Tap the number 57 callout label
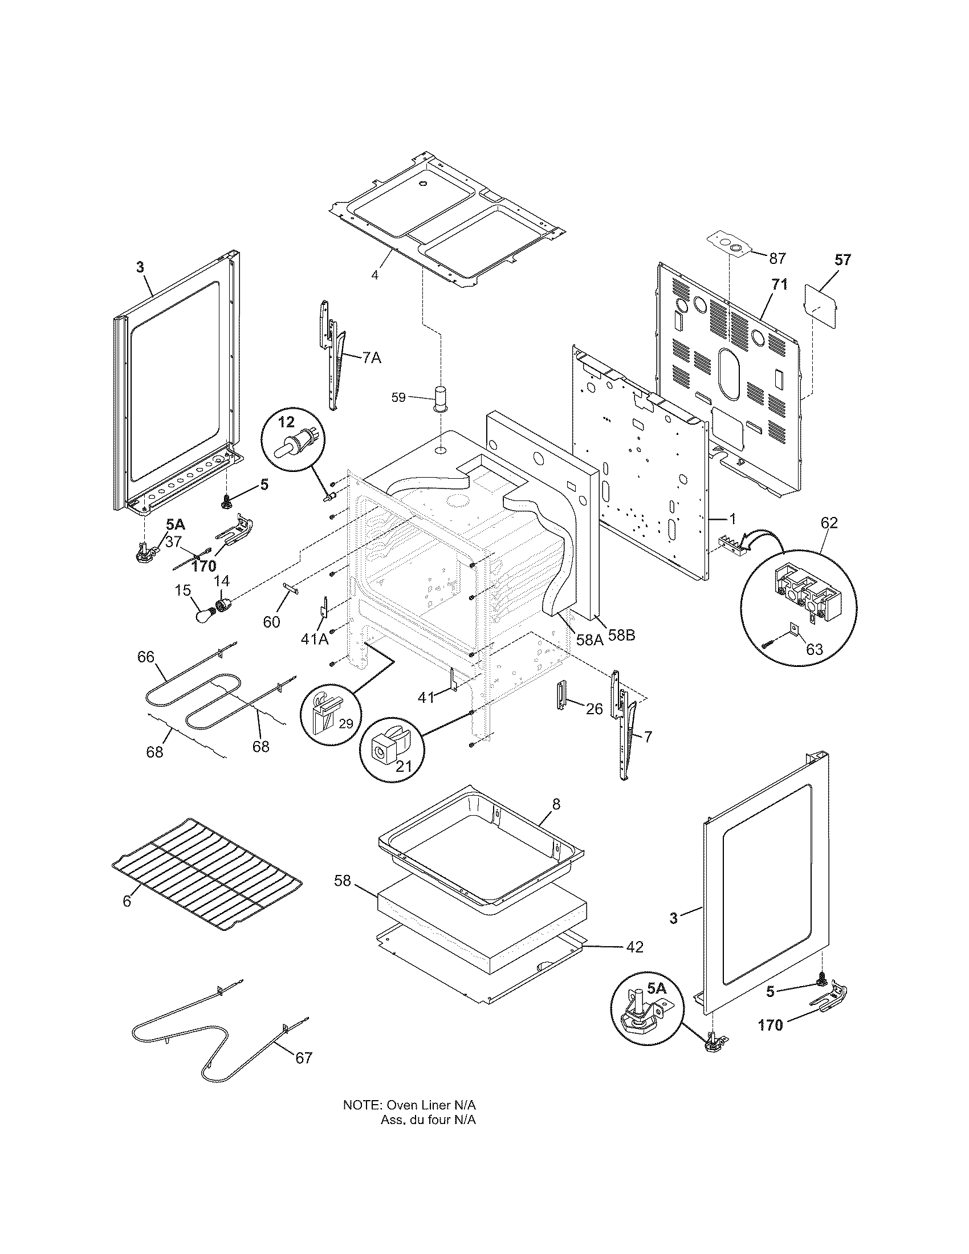(x=842, y=259)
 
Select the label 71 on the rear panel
(x=779, y=284)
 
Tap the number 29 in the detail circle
(x=345, y=723)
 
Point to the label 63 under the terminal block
(x=814, y=649)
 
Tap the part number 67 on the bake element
(x=303, y=1057)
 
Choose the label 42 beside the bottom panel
(x=634, y=947)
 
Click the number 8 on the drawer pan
(x=555, y=804)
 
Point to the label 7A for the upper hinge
(x=372, y=358)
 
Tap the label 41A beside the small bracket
(x=314, y=638)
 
